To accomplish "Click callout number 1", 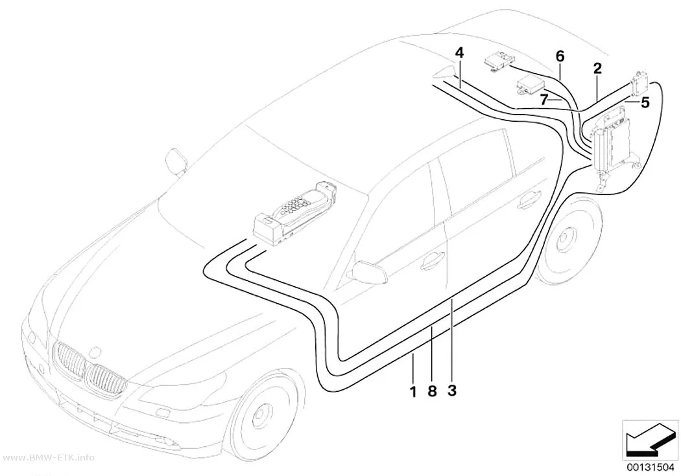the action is (x=413, y=391).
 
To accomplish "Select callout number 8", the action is (x=432, y=391).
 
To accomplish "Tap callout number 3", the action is (x=451, y=391).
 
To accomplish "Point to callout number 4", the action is (x=459, y=53).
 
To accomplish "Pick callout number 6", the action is (x=560, y=56).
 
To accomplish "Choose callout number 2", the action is (x=597, y=68).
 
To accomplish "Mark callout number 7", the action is (x=544, y=100).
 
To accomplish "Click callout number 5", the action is (x=645, y=103).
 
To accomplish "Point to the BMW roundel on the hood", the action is (x=95, y=353).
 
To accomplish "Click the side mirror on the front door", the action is (x=369, y=272).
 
